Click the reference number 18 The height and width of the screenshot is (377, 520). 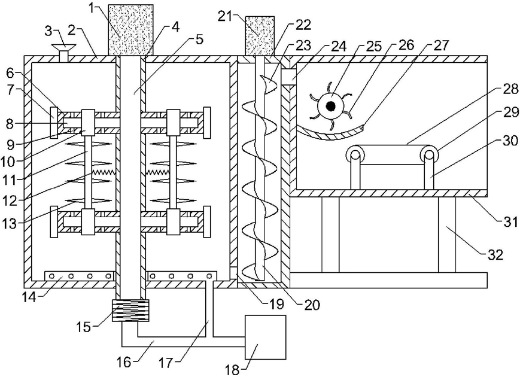(233, 369)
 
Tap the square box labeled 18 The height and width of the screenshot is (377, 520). (265, 338)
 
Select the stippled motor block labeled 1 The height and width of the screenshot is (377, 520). (130, 30)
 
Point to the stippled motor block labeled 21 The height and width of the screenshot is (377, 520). (260, 36)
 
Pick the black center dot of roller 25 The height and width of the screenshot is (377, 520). (331, 106)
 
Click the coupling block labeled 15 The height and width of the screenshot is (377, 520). (130, 311)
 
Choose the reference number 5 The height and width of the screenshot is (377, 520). (199, 39)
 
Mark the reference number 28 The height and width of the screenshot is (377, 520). (510, 89)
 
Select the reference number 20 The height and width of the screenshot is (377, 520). (312, 305)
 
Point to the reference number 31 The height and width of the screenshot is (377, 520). (510, 221)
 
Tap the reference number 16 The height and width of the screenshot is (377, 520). (124, 362)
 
